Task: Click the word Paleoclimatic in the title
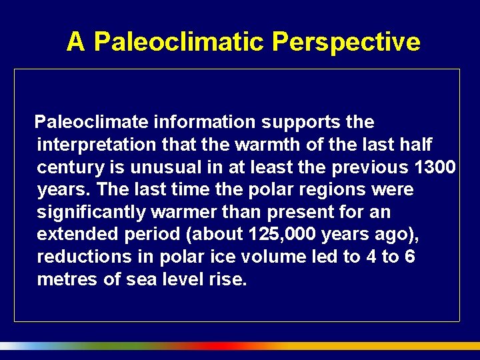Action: pos(179,42)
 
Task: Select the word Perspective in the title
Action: pos(346,42)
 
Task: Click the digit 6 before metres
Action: pos(409,257)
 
